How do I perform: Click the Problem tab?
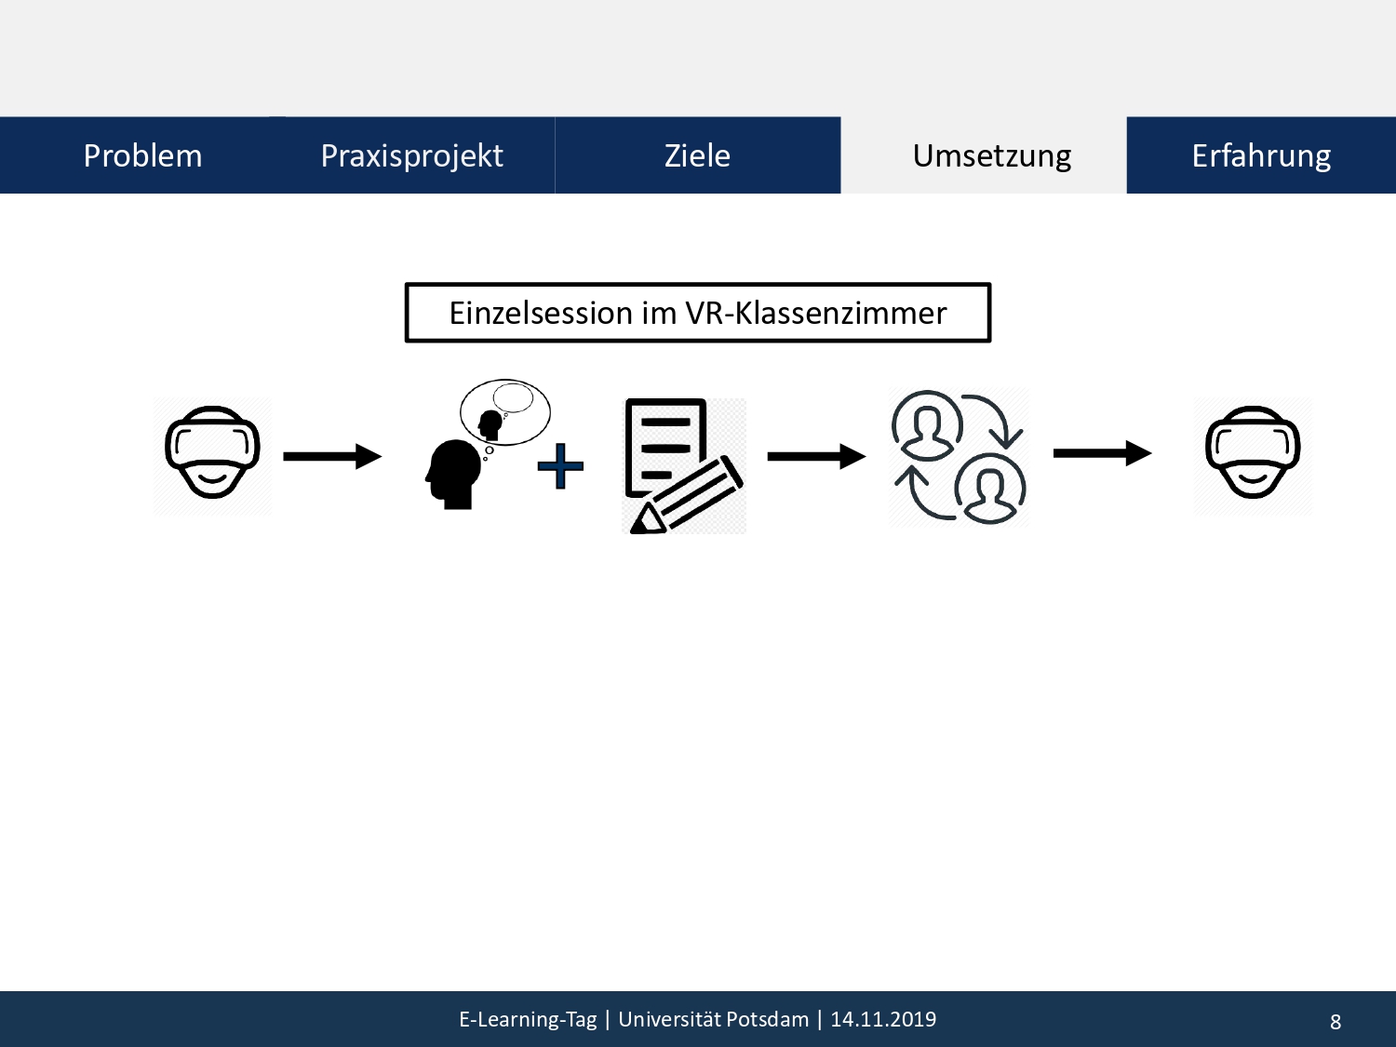coord(142,155)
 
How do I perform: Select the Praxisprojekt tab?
coord(412,155)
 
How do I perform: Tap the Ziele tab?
coord(698,155)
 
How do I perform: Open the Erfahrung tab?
coord(1261,155)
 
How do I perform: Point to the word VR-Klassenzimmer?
coord(816,313)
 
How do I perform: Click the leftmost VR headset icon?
coord(212,452)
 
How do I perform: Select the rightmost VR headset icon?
coord(1253,452)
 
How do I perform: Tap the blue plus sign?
coord(560,466)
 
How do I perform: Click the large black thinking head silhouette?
coord(453,475)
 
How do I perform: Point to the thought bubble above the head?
coord(505,412)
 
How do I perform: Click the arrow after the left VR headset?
coord(332,456)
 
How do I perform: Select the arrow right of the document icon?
coord(816,456)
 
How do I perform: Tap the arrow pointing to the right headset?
coord(1103,453)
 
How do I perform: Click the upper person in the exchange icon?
coord(927,425)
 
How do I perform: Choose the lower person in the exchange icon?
coord(990,489)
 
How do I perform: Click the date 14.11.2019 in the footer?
coord(883,1019)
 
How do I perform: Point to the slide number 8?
coord(1336,1022)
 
